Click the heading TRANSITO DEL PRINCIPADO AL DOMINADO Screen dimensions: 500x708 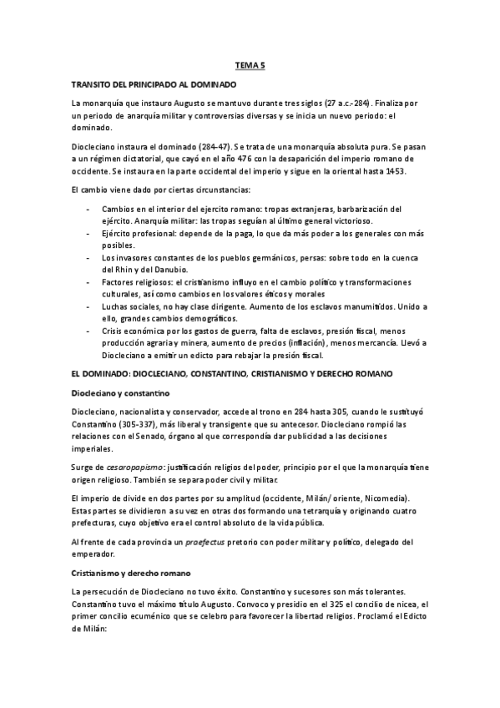coord(154,84)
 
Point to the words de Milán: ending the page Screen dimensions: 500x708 coord(91,632)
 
